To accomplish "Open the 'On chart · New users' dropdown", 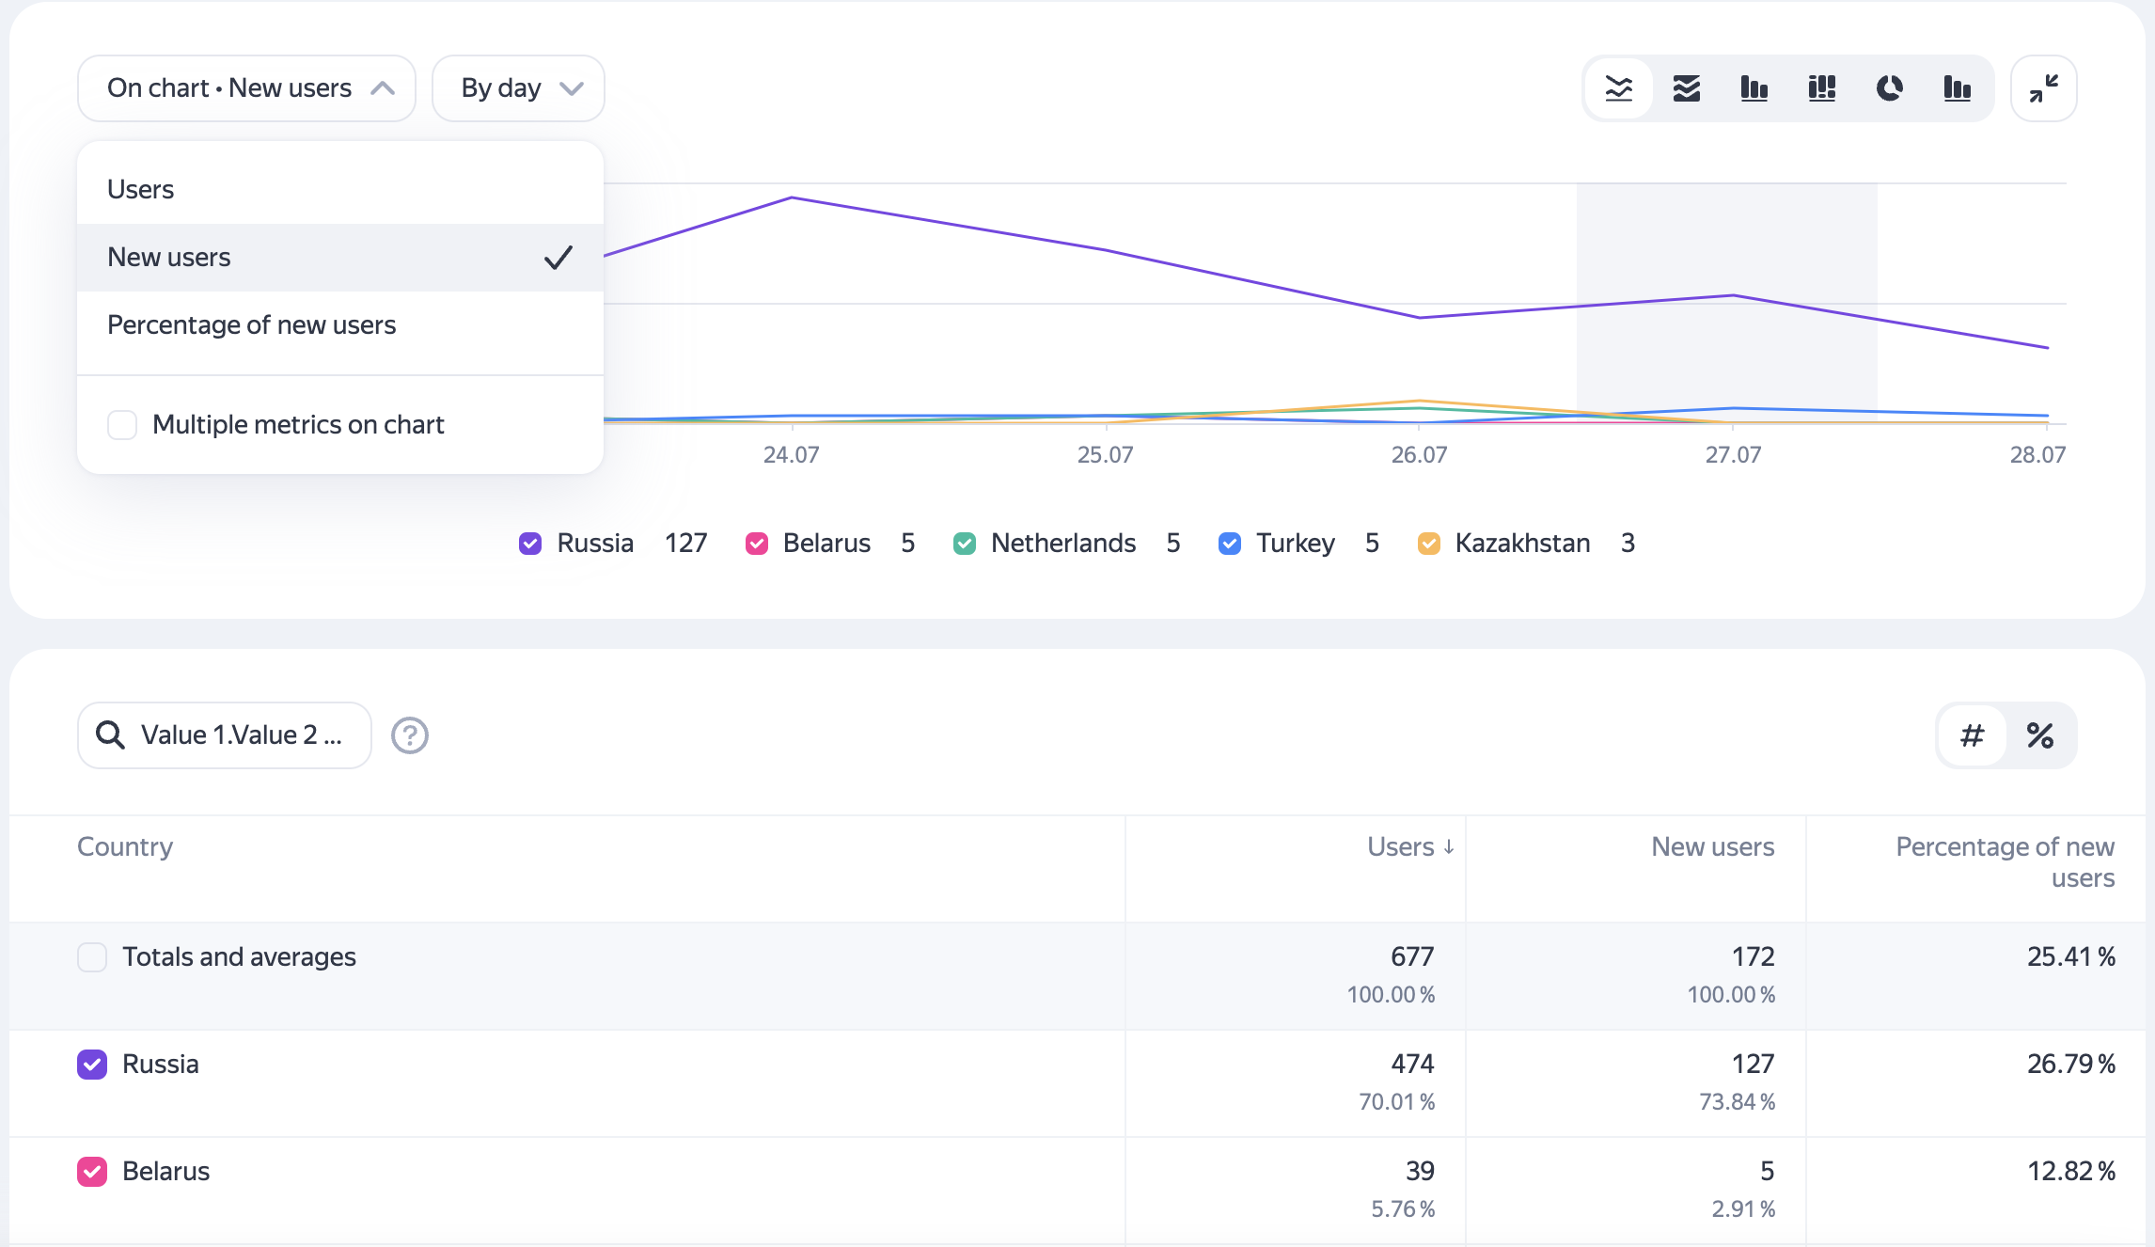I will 246,88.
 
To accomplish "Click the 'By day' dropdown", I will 518,88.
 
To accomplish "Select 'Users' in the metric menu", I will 141,190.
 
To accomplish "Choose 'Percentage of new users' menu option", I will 252,325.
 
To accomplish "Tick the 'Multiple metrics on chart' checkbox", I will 122,425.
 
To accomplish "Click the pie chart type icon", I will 1889,88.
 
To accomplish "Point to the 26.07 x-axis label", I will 1419,455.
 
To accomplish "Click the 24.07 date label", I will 791,455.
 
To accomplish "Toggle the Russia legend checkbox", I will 530,544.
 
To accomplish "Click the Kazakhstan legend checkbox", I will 1428,544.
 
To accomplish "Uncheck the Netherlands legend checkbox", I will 964,544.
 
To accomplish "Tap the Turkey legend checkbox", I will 1229,544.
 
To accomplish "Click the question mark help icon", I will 410,735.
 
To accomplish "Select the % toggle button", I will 2039,735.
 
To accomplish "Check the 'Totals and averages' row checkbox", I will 92,957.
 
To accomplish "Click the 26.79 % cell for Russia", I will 2070,1065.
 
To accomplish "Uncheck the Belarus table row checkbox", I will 92,1172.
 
